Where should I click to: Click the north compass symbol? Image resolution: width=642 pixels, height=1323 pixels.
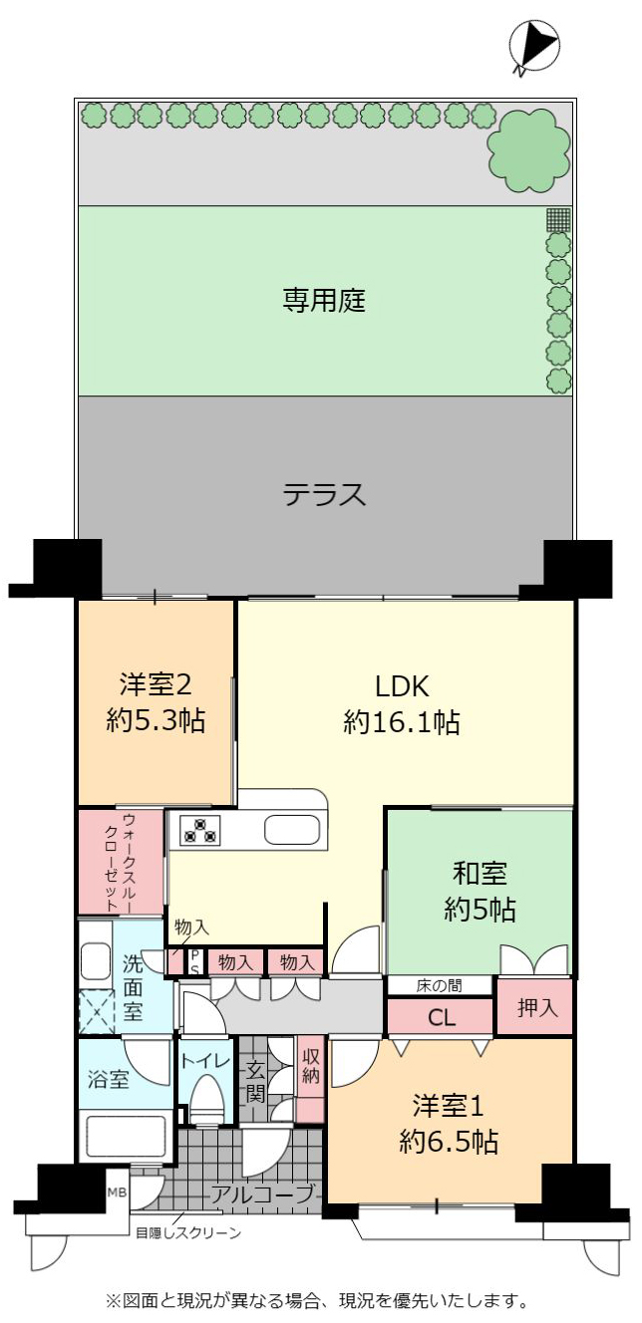tap(534, 46)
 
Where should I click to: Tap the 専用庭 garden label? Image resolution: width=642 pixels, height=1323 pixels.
tap(323, 300)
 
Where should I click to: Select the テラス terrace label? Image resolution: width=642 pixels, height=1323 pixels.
tap(325, 494)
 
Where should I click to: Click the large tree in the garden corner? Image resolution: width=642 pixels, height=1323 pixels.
tap(528, 150)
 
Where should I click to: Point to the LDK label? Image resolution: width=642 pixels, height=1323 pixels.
tap(402, 686)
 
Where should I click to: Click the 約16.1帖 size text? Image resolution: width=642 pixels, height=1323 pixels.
tap(402, 721)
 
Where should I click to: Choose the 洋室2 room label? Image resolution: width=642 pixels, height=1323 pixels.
tap(156, 684)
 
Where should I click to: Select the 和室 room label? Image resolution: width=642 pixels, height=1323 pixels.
tap(480, 873)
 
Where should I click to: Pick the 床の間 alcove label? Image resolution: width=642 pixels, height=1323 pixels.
tap(440, 985)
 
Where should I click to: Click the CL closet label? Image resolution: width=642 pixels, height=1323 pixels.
tap(441, 1017)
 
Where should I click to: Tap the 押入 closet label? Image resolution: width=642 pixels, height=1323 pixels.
tap(536, 1007)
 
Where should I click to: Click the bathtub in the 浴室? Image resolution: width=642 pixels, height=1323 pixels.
tap(126, 1139)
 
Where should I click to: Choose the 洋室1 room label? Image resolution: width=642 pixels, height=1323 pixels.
tap(448, 1105)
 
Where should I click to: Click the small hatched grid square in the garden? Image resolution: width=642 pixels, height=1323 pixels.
tap(558, 219)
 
